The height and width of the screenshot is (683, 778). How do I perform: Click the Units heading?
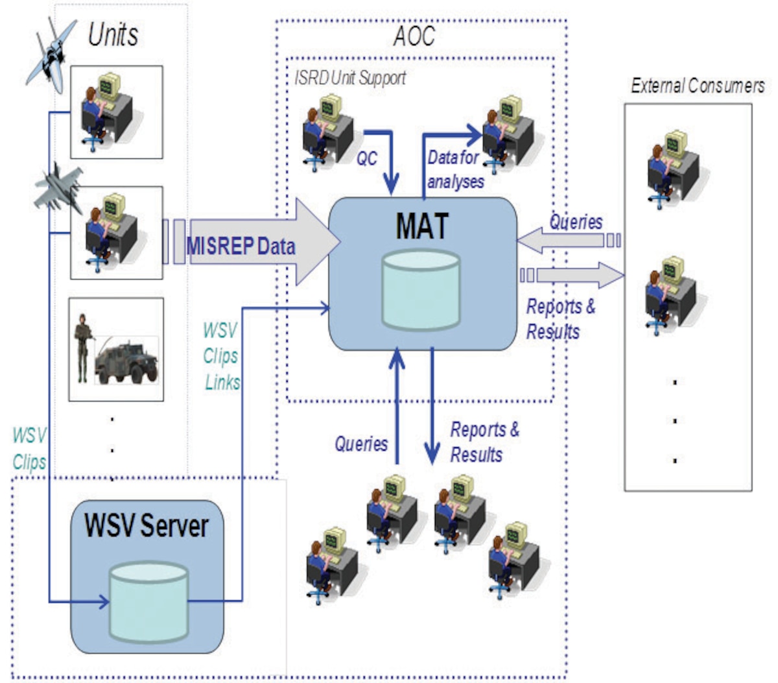(x=113, y=34)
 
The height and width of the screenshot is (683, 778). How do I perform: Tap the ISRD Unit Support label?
(x=350, y=78)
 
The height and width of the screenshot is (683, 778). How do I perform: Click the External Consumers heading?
(x=698, y=86)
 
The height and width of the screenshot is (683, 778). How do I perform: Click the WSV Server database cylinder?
(x=148, y=602)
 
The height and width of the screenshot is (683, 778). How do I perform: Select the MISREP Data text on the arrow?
(x=241, y=246)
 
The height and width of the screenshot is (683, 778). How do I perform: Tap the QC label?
(x=367, y=158)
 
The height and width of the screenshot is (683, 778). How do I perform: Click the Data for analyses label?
(x=455, y=169)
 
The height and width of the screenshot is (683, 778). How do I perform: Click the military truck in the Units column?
(x=127, y=360)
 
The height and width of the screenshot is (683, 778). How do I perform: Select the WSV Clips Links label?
(x=221, y=356)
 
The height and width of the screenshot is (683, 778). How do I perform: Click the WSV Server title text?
(x=147, y=525)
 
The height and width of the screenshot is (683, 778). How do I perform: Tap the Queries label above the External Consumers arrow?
(x=576, y=222)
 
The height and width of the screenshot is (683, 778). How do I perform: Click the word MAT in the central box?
(x=422, y=226)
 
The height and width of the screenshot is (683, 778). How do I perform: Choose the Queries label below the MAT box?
(x=361, y=444)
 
